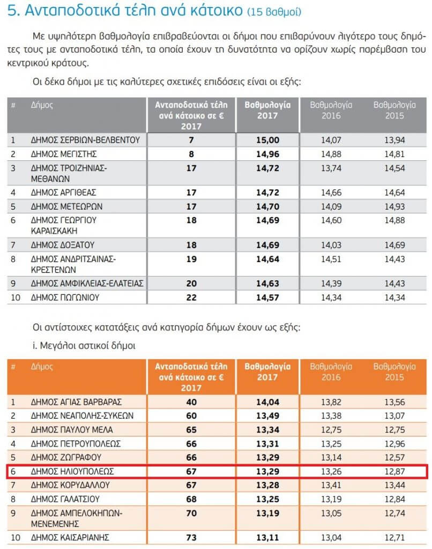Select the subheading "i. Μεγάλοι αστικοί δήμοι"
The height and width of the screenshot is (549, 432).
(83, 346)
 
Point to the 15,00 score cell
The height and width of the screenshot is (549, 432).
(267, 140)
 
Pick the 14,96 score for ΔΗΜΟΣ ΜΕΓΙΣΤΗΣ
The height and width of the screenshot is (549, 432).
(267, 154)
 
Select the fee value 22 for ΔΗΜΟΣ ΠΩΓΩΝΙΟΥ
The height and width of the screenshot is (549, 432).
(191, 296)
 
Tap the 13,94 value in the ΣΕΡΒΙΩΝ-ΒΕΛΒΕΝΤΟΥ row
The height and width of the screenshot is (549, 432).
(394, 140)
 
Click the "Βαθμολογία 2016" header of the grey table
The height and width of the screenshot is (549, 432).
(331, 110)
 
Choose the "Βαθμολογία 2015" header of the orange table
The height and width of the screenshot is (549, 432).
(394, 372)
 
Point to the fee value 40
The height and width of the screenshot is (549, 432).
(191, 402)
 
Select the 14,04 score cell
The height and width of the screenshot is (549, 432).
(267, 402)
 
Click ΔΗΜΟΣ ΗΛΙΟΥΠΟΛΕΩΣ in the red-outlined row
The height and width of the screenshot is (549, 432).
(73, 471)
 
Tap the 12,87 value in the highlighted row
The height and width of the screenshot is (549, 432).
(394, 471)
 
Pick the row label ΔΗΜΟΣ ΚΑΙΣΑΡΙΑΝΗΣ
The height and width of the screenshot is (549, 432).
(71, 537)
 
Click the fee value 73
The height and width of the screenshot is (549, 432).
(191, 537)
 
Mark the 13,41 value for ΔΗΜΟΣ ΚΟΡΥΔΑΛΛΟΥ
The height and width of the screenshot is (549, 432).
(331, 485)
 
